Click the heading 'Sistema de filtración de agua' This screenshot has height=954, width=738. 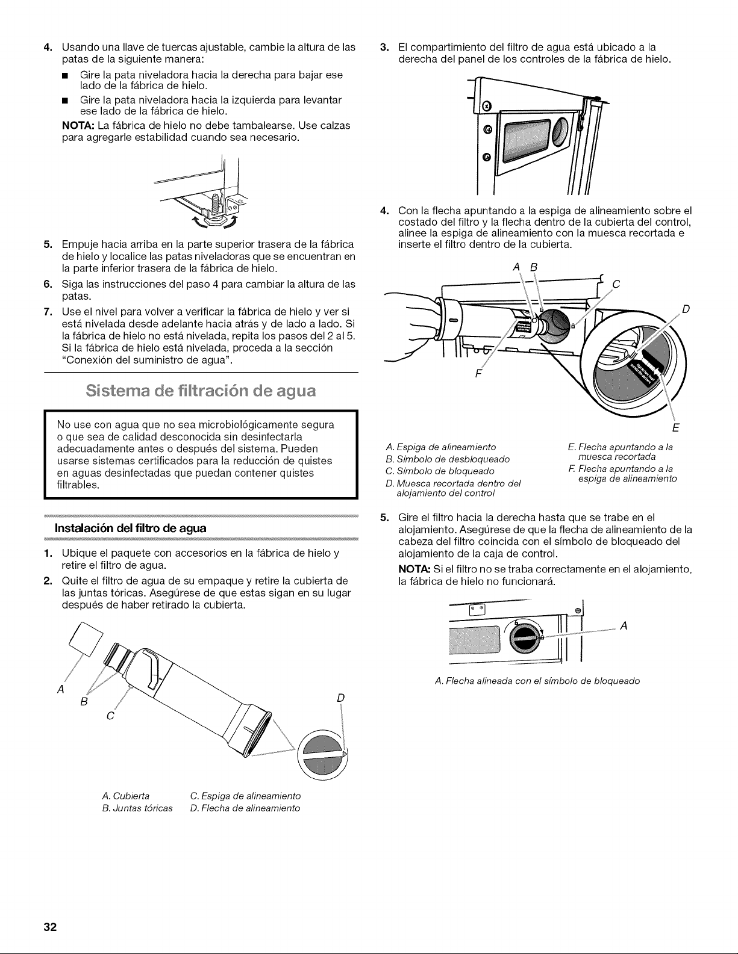[x=201, y=391]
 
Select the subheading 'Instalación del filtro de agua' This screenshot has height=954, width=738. [x=130, y=528]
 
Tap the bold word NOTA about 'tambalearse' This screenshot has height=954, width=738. [x=78, y=126]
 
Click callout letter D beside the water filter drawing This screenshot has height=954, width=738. [x=340, y=698]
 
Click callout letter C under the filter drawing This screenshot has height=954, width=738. [x=110, y=716]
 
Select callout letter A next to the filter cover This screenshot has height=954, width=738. [x=61, y=689]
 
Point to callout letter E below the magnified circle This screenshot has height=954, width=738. [x=675, y=427]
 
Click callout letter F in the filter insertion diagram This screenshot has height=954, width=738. [x=478, y=374]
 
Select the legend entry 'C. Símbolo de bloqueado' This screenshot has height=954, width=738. [x=440, y=471]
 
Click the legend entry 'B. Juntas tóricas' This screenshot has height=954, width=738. [x=137, y=808]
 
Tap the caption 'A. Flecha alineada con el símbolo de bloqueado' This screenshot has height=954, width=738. [x=537, y=681]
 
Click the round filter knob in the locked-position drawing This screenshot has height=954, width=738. [x=525, y=637]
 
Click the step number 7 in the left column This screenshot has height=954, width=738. [x=48, y=312]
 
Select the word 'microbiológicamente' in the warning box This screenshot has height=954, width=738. [x=249, y=425]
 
